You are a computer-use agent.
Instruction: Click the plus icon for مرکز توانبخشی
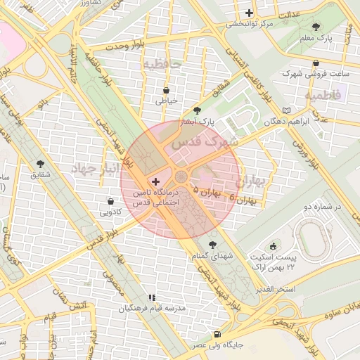250,13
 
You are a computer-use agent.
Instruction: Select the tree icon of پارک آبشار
196,110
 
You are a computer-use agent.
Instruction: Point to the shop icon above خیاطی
166,90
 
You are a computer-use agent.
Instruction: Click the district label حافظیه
162,65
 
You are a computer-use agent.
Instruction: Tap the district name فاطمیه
323,94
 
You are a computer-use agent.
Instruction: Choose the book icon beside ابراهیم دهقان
285,111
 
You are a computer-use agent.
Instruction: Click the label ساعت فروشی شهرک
307,73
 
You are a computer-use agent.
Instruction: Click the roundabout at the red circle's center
181,176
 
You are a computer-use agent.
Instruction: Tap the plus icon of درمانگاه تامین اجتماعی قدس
156,181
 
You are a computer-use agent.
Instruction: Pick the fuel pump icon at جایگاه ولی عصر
217,334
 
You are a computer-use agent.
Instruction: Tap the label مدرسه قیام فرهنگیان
151,308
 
